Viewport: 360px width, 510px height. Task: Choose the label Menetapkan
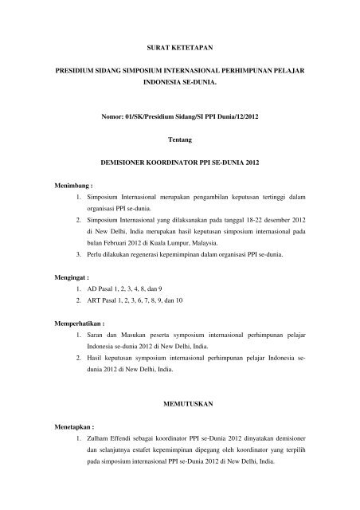click(x=69, y=426)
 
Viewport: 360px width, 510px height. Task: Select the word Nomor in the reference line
click(x=115, y=117)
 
